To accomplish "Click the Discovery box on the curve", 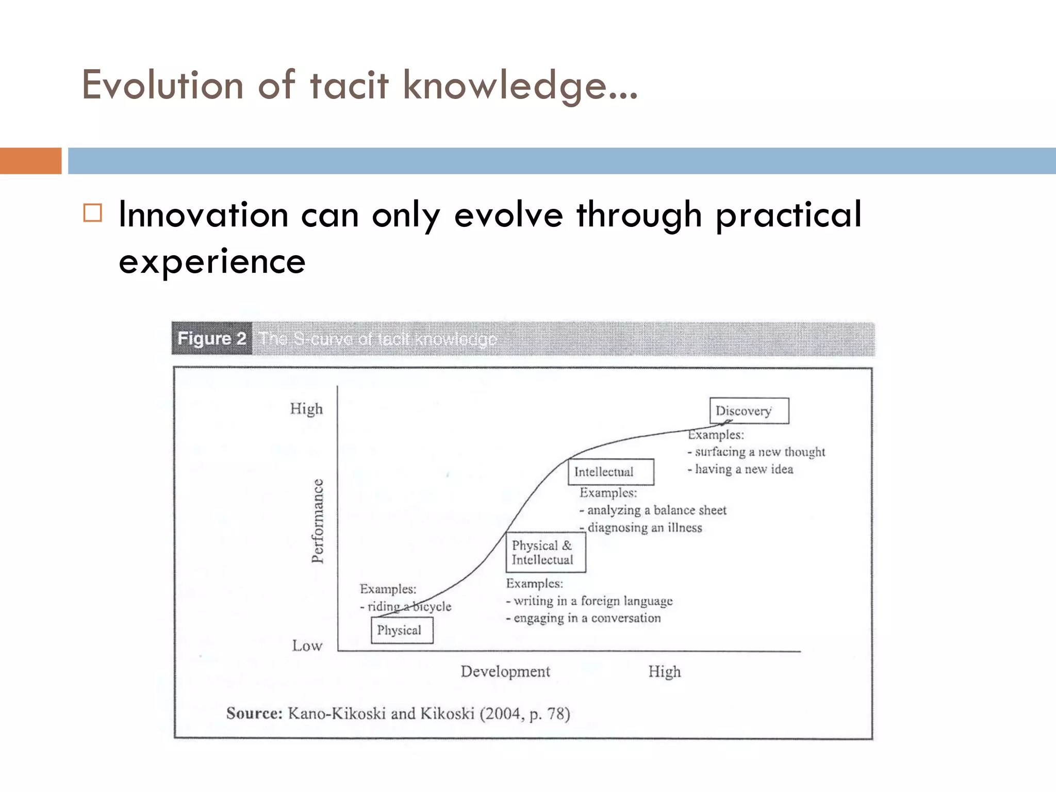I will point(749,411).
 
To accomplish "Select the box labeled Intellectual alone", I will point(610,472).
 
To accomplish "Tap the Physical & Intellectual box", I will point(546,553).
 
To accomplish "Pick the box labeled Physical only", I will point(402,630).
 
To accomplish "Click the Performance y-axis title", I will point(318,521).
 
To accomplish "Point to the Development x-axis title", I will point(505,671).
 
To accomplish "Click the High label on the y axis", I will point(306,409).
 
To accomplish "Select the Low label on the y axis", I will point(307,646).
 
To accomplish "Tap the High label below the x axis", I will point(664,671).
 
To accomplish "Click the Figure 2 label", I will point(211,339).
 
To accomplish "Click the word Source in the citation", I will point(254,714).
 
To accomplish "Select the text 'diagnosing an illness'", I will point(645,527).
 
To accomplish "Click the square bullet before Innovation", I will point(93,213).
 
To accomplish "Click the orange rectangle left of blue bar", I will point(30,161).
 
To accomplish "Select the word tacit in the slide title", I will point(349,85).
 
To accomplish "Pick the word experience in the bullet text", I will point(212,261).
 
